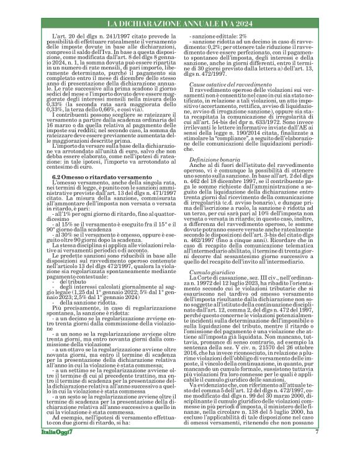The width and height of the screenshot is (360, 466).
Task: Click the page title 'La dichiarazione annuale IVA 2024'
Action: coord(179,24)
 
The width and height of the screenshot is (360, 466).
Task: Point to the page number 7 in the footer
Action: coord(317,449)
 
